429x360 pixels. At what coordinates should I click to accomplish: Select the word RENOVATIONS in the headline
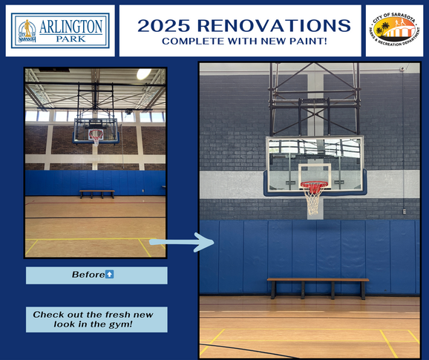click(273, 26)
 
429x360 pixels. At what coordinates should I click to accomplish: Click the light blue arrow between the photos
click(183, 240)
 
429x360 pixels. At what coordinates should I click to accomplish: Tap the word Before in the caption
click(88, 275)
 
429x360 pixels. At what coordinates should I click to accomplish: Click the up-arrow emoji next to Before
click(109, 275)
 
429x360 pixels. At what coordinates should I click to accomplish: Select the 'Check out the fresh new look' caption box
click(96, 320)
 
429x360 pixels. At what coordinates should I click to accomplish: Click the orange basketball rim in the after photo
click(314, 184)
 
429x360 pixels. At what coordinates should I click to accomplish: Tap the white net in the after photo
click(314, 198)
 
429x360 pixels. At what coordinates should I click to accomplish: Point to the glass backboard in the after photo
click(314, 160)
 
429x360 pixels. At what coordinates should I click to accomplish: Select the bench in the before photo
click(96, 192)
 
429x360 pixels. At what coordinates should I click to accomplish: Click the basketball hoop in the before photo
click(95, 136)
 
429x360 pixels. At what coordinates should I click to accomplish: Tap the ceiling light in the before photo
click(143, 74)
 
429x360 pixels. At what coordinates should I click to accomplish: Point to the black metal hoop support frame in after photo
click(314, 96)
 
